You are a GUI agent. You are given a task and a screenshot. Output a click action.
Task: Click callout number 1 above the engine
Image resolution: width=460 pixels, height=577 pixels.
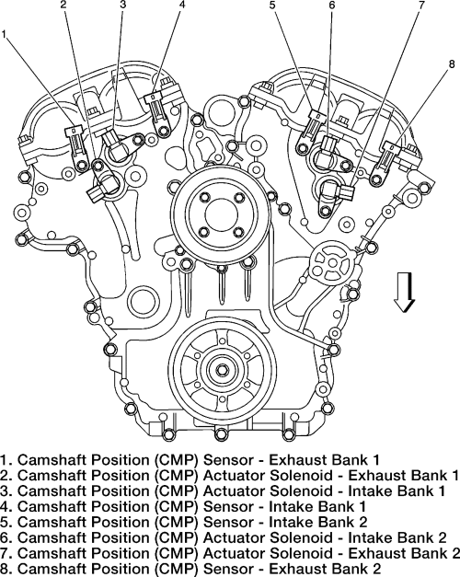tap(4, 34)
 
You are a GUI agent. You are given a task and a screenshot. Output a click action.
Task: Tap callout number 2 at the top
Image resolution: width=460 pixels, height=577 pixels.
tap(64, 5)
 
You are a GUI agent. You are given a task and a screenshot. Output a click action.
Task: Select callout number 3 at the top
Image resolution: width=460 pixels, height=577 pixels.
tap(123, 5)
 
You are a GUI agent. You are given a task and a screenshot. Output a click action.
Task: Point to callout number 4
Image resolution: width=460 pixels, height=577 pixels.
tap(181, 5)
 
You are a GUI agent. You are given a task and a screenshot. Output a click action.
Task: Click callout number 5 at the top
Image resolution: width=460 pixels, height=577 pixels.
tap(272, 5)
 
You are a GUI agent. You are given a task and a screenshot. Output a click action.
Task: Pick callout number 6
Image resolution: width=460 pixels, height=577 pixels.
tap(332, 5)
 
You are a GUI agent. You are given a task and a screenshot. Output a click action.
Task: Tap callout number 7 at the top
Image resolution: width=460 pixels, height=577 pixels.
tap(421, 5)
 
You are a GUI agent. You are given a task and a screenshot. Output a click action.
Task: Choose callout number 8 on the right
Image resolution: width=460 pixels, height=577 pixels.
tap(452, 64)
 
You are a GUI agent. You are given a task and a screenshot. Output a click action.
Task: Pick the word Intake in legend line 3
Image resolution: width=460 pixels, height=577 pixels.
tap(371, 490)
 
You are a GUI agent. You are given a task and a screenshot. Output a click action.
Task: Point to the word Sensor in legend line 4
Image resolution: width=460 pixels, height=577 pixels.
tap(230, 506)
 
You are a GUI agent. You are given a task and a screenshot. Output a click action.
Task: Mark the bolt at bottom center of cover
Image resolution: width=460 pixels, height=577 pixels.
tap(221, 433)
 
